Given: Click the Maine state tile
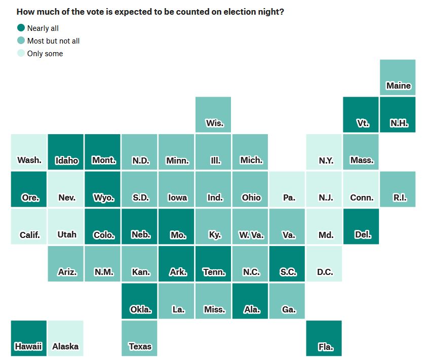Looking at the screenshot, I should tap(398, 77).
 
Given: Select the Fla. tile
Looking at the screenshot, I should tap(324, 338).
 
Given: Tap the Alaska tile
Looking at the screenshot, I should tap(66, 338).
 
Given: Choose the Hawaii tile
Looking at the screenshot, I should tap(29, 338).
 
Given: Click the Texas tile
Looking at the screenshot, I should tap(140, 338).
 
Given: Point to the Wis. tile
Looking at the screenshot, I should tap(213, 114).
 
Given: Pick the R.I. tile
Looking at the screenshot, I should tap(398, 189).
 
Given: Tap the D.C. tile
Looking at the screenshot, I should tap(324, 264).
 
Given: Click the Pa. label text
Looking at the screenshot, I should tap(289, 197).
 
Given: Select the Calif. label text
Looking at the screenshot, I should tap(29, 235).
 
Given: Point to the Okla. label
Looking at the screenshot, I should tap(140, 309).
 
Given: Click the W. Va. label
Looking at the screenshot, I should tap(251, 235).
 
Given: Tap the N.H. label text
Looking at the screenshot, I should tap(399, 123).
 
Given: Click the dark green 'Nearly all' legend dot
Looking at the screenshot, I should tap(21, 28).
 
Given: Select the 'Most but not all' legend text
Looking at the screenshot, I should tap(53, 41).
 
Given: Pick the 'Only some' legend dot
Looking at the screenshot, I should tap(21, 53).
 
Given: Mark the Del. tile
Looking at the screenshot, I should tap(361, 226).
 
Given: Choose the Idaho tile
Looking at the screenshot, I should tap(66, 152).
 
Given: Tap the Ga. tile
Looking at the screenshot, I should tap(287, 301).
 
